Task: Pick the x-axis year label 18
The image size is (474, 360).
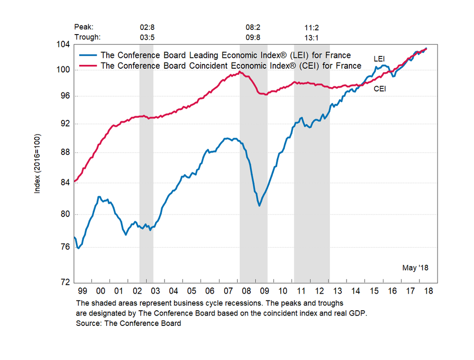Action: tap(428, 291)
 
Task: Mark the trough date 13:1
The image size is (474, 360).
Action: tap(311, 37)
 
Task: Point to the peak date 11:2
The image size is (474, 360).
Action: tap(311, 27)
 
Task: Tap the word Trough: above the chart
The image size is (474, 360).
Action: tap(88, 37)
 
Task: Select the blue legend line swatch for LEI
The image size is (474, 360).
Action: tap(88, 55)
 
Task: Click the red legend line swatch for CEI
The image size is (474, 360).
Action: tap(88, 65)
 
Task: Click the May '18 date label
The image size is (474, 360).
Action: tap(415, 268)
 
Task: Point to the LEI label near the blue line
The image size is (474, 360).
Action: tap(379, 59)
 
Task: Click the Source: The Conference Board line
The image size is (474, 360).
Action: tap(128, 324)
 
